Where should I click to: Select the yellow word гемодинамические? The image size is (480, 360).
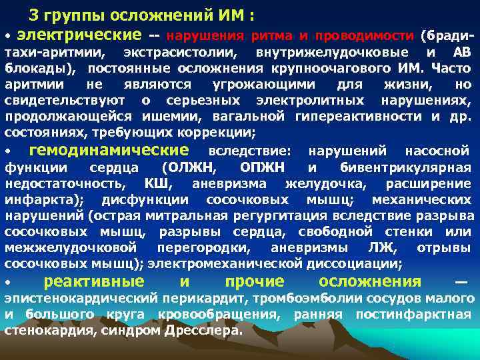coord(109,150)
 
